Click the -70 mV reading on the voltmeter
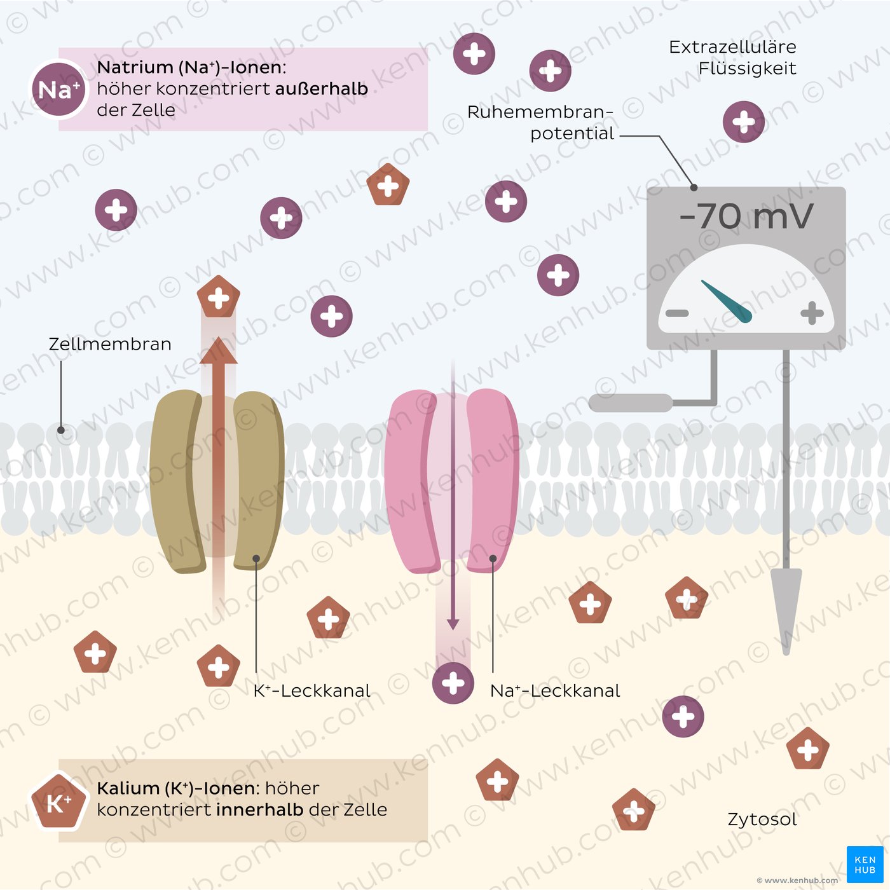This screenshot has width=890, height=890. pyautogui.click(x=746, y=216)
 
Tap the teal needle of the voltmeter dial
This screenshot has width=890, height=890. pyautogui.click(x=727, y=301)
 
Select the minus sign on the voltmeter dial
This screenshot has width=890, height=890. pyautogui.click(x=677, y=313)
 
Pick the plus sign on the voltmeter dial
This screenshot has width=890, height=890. pyautogui.click(x=812, y=313)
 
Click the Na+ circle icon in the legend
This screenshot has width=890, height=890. pyautogui.click(x=58, y=90)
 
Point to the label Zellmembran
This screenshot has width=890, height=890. pyautogui.click(x=110, y=344)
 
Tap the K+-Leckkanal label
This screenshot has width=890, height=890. pyautogui.click(x=311, y=691)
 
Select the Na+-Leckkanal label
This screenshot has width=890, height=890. pyautogui.click(x=555, y=691)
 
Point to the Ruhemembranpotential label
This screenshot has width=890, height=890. pyautogui.click(x=540, y=123)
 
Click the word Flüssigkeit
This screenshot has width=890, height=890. pyautogui.click(x=748, y=69)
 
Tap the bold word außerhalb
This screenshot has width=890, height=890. pyautogui.click(x=322, y=88)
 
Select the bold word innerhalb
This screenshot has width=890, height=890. pyautogui.click(x=260, y=809)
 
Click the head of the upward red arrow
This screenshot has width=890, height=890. pyautogui.click(x=219, y=351)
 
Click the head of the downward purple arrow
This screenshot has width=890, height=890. pyautogui.click(x=453, y=624)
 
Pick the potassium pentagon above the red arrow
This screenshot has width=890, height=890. pyautogui.click(x=219, y=296)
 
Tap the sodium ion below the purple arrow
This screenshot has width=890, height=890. pyautogui.click(x=453, y=683)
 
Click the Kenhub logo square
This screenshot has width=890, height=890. pyautogui.click(x=865, y=865)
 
